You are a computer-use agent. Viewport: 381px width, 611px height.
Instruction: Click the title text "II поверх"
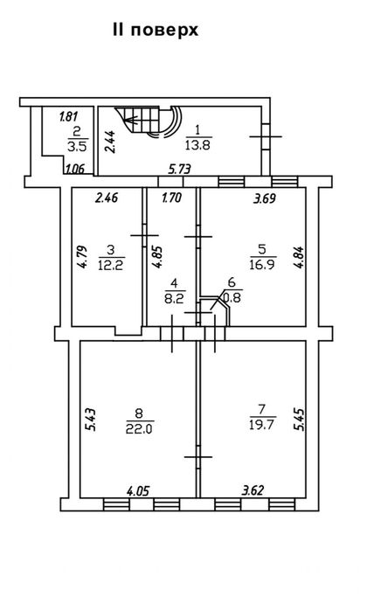click(x=156, y=30)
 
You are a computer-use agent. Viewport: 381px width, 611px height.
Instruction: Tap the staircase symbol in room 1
click(x=149, y=122)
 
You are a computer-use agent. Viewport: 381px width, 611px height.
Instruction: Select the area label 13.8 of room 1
click(x=198, y=145)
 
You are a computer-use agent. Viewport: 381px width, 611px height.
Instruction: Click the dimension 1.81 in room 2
click(x=69, y=116)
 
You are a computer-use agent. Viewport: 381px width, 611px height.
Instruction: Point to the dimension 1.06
click(x=75, y=169)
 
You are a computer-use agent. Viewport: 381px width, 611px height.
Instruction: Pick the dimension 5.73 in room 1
click(x=179, y=169)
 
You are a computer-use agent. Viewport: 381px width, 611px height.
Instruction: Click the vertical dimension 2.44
click(x=110, y=142)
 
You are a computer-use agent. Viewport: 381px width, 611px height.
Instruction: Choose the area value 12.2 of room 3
click(x=112, y=266)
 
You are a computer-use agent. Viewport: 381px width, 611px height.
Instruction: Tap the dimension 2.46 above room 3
click(x=107, y=198)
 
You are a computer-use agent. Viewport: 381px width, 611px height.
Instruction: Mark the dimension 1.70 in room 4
click(x=171, y=198)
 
